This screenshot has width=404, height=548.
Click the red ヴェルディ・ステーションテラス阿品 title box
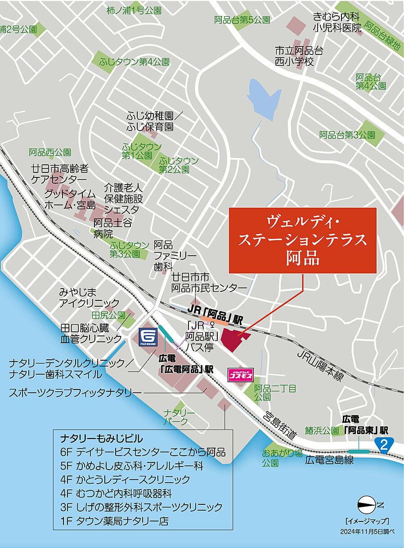click(302, 240)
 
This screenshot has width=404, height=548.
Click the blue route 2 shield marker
click(383, 445)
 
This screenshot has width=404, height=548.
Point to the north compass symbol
click(366, 503)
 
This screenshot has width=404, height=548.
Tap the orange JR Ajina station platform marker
click(214, 322)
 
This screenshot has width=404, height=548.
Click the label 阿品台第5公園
click(242, 20)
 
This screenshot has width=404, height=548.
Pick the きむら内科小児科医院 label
click(337, 23)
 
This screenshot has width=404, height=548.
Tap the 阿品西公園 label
click(50, 152)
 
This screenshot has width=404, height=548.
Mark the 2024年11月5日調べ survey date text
click(367, 531)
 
